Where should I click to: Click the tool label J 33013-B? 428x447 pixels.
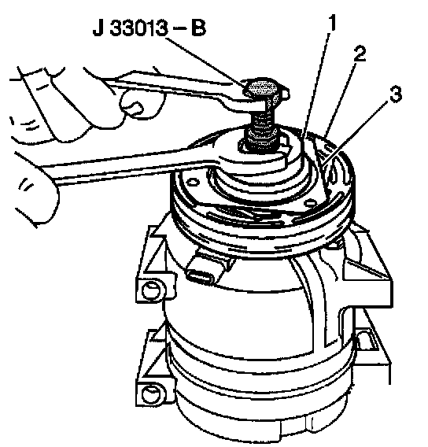tap(149, 29)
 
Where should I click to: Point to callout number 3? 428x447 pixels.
tap(396, 94)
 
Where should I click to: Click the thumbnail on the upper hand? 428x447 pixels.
tap(136, 109)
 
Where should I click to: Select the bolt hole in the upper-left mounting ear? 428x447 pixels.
tap(149, 290)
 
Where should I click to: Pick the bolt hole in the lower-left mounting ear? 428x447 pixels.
tap(149, 394)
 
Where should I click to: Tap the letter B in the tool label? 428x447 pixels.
tap(198, 29)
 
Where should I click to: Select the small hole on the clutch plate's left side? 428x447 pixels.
tap(194, 182)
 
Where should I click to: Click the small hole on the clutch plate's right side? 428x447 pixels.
tap(312, 203)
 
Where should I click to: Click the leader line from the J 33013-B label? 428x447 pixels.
tap(205, 61)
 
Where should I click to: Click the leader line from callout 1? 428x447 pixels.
tap(315, 86)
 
